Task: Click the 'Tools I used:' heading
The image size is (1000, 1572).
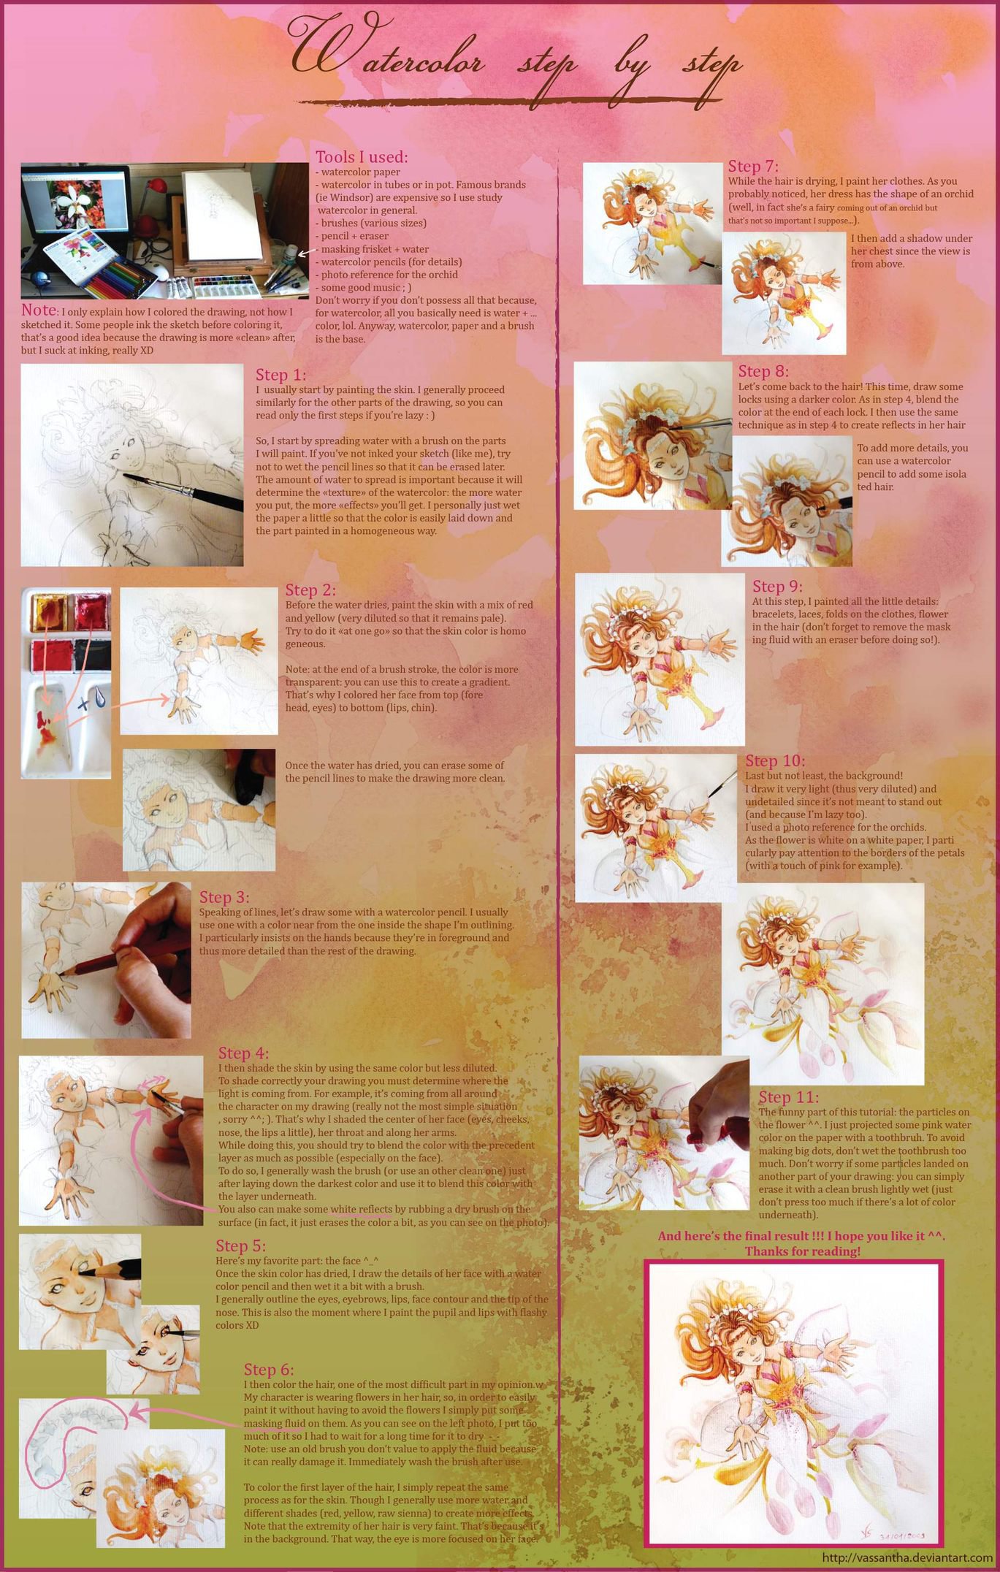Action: coord(362,157)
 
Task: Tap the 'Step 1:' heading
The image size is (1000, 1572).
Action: coord(280,375)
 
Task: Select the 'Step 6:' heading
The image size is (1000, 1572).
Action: coord(269,1370)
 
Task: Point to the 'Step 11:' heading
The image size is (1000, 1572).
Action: coord(788,1097)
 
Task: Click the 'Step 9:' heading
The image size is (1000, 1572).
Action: coord(777,587)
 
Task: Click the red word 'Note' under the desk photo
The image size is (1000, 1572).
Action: coord(38,310)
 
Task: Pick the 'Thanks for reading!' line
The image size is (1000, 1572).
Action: coord(802,1251)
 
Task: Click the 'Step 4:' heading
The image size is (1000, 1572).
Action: coord(243,1053)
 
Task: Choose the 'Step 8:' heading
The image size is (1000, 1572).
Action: coord(763,372)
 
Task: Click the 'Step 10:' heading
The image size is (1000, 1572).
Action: coord(774,761)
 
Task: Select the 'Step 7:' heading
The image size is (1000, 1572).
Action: coord(753,167)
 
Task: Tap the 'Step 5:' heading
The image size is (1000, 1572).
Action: coord(240,1245)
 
